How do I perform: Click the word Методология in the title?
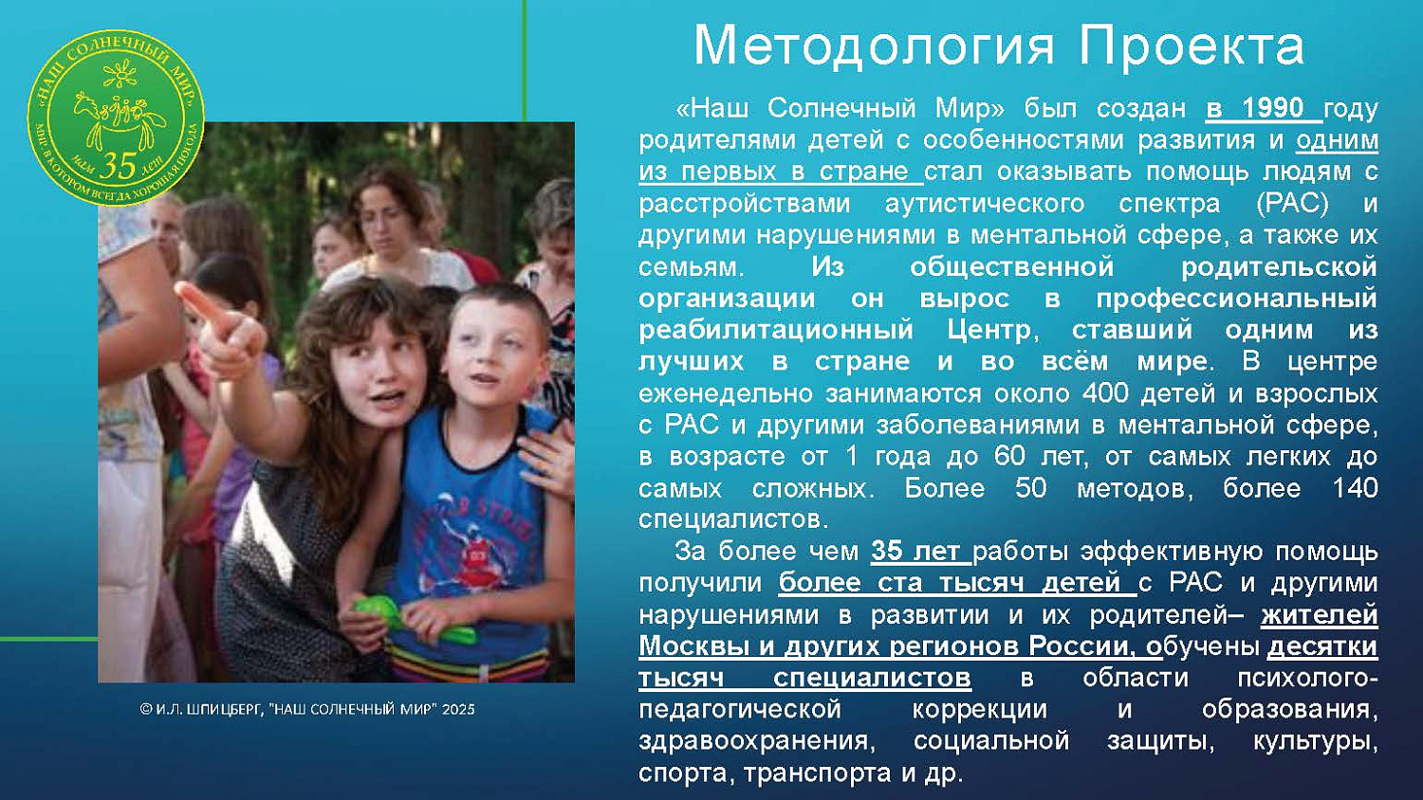point(873,45)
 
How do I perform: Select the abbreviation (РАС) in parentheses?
point(1292,203)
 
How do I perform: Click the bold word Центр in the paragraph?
point(992,330)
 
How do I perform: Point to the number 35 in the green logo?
point(118,166)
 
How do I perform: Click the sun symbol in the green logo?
point(120,73)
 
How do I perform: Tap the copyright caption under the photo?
point(307,709)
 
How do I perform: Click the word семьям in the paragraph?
point(690,266)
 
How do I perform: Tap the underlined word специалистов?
point(871,678)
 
